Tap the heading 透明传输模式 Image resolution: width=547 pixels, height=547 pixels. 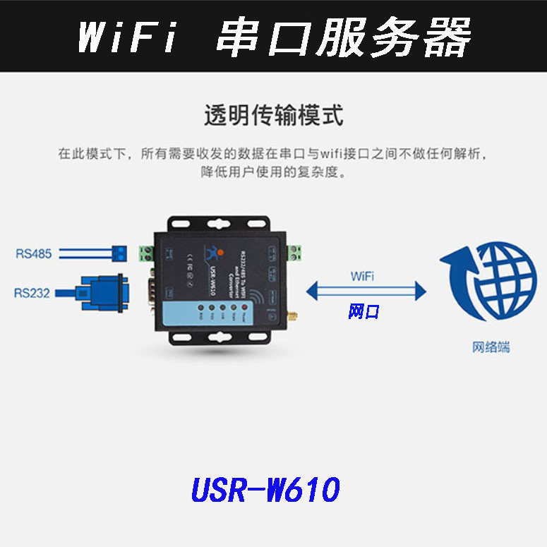click(x=273, y=115)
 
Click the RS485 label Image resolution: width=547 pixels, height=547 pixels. click(x=34, y=253)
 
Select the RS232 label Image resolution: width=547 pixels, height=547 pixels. click(x=32, y=292)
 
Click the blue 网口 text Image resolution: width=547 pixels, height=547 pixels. click(x=364, y=311)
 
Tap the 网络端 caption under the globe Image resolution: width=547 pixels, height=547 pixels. click(x=491, y=347)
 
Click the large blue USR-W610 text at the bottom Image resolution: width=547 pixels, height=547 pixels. click(x=265, y=489)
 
